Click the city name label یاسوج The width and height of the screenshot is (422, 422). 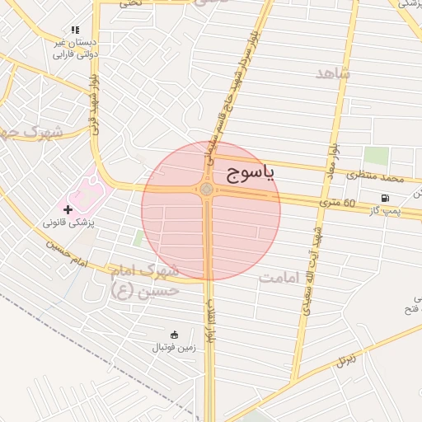(x=250, y=173)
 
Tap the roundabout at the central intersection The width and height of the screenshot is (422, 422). (x=206, y=190)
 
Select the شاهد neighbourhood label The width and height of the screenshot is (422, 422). (x=333, y=73)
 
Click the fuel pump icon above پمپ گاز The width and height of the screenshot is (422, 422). (x=385, y=198)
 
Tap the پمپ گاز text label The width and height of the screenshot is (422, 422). (x=383, y=211)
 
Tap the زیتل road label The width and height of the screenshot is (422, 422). (x=346, y=359)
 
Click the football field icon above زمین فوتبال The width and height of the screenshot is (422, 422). (x=174, y=335)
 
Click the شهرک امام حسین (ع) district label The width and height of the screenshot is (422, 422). (x=145, y=279)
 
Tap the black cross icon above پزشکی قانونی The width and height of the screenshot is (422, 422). (x=68, y=210)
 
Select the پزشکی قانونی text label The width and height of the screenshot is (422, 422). (x=70, y=223)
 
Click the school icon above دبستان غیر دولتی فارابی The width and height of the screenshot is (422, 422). (x=75, y=30)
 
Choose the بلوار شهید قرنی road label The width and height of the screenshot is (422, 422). (x=96, y=102)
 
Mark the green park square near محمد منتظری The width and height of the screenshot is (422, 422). (x=376, y=155)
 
